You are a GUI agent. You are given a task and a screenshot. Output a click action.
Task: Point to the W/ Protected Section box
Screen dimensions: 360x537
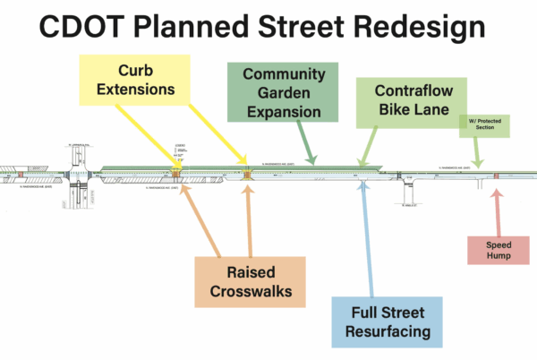485,124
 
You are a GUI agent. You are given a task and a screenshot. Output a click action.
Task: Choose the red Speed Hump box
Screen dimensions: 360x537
499,250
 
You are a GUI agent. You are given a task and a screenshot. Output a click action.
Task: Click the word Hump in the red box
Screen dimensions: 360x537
499,256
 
